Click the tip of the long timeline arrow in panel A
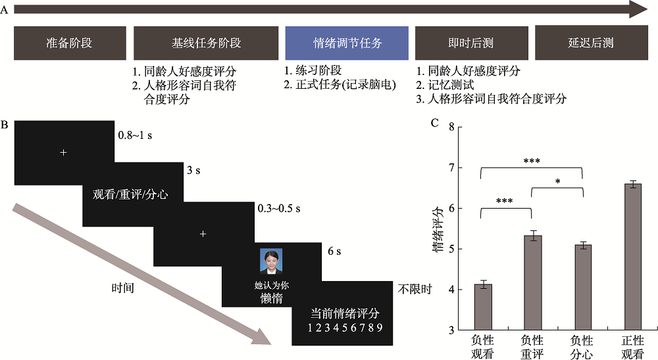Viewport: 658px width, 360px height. (x=647, y=10)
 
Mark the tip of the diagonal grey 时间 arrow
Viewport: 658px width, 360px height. (x=271, y=344)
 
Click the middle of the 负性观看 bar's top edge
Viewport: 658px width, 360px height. (x=482, y=284)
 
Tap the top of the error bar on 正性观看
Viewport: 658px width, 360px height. (x=632, y=181)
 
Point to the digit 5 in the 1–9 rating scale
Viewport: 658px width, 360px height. (x=345, y=328)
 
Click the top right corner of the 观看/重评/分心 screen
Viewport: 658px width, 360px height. (x=184, y=163)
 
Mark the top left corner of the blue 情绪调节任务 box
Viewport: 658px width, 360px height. (x=286, y=27)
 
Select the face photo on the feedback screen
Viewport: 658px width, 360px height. (x=271, y=261)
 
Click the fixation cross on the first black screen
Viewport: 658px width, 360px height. (x=63, y=152)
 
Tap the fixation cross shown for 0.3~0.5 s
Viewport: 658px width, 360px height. (x=203, y=234)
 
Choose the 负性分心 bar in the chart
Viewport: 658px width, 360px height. (x=582, y=288)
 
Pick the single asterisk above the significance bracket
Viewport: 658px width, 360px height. (x=558, y=182)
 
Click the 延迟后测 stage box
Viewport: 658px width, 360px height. (x=592, y=43)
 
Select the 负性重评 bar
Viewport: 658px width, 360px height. (x=533, y=283)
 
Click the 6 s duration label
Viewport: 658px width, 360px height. (x=334, y=251)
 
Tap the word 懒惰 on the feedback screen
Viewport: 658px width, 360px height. (x=272, y=298)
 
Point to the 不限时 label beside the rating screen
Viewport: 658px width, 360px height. (x=415, y=289)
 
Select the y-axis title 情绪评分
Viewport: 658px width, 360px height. (x=438, y=228)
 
